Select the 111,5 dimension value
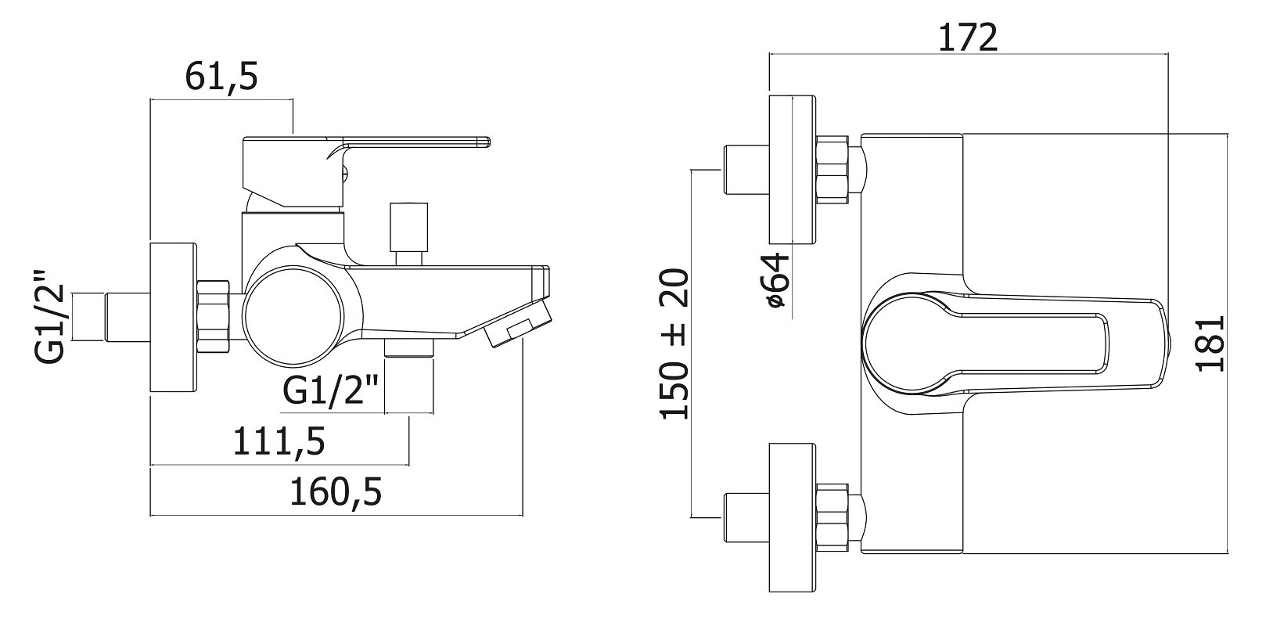[279, 441]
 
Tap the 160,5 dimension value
[336, 492]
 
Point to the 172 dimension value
[967, 38]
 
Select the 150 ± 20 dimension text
[674, 344]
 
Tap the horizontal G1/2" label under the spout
[331, 390]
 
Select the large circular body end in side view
[294, 318]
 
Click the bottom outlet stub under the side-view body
[409, 347]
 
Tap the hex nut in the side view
[214, 317]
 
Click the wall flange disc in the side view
[174, 317]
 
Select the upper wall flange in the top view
[793, 170]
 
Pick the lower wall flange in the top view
[793, 517]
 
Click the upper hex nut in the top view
[832, 170]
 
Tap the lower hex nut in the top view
[832, 517]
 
